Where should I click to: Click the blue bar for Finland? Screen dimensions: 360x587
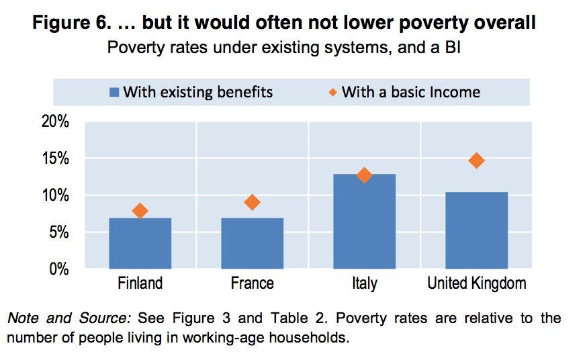(x=140, y=243)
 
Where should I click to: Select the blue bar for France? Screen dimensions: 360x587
(x=252, y=243)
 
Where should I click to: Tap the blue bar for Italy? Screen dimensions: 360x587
(x=364, y=222)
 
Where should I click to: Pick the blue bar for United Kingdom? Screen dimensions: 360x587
(x=476, y=230)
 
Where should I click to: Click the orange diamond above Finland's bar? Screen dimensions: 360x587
(x=140, y=211)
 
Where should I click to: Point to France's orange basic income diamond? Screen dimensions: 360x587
(x=252, y=202)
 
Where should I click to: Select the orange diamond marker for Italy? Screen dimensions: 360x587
(x=364, y=175)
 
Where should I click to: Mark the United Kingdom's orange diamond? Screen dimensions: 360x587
(x=476, y=161)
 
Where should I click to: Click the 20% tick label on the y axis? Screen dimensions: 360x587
(x=56, y=122)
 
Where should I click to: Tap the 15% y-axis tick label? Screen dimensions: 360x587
(x=56, y=159)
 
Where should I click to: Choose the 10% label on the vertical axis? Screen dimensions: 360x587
(x=56, y=196)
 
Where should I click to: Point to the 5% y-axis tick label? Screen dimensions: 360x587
(x=59, y=233)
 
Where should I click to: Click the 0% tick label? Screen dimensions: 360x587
(x=59, y=269)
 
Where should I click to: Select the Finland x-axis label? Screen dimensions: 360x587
(x=140, y=283)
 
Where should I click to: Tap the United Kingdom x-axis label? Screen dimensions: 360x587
(x=476, y=283)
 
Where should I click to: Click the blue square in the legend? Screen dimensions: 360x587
(x=114, y=92)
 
